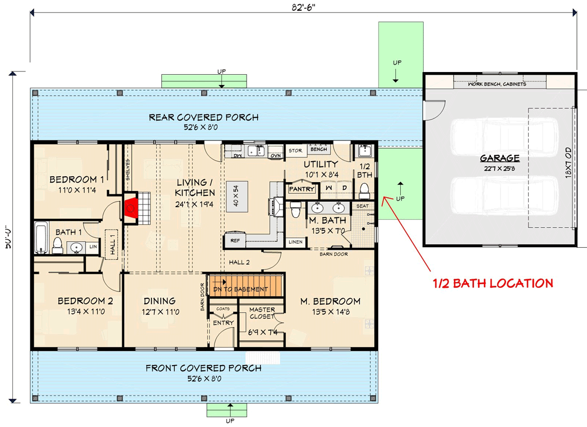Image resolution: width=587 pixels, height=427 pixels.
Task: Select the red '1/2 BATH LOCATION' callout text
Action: pyautogui.click(x=492, y=283)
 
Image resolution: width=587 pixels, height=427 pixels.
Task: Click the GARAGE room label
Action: pyautogui.click(x=499, y=158)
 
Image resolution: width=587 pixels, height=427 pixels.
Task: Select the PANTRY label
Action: pyautogui.click(x=302, y=189)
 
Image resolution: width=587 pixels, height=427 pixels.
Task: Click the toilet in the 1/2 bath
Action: pyautogui.click(x=365, y=190)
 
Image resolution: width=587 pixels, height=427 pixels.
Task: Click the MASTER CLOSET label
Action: pyautogui.click(x=262, y=313)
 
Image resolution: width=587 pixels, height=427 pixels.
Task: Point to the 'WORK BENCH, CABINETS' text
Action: pyautogui.click(x=497, y=84)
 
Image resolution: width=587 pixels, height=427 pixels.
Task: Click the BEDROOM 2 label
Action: pyautogui.click(x=85, y=301)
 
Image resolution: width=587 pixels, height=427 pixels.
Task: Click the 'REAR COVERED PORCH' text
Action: pyautogui.click(x=203, y=117)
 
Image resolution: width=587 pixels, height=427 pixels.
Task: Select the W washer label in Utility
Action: pyautogui.click(x=329, y=188)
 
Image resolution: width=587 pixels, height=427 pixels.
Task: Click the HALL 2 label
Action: pyautogui.click(x=240, y=262)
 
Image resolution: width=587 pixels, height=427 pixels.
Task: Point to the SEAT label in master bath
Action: pyautogui.click(x=362, y=206)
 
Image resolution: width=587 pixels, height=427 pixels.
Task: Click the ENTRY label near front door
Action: pyautogui.click(x=223, y=323)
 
